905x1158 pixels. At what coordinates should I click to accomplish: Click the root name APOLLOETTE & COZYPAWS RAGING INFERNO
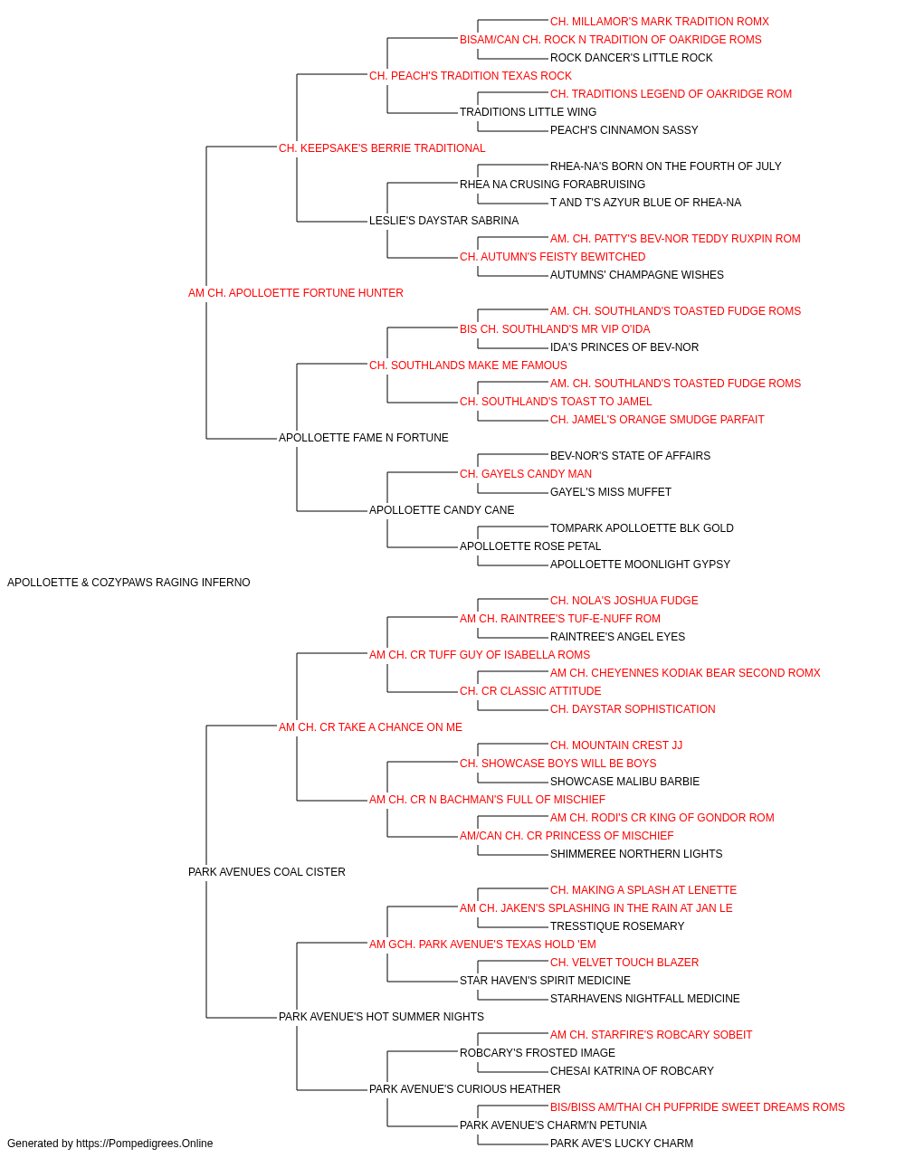point(129,582)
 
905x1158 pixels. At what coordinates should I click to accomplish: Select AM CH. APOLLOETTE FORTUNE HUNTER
point(296,292)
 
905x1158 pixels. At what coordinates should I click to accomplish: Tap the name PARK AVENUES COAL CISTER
point(266,872)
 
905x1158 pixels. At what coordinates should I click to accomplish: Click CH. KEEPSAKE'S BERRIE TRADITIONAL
point(382,148)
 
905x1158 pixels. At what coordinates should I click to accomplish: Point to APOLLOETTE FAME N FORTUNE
point(364,438)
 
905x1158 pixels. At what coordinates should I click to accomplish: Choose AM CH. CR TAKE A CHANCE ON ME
point(370,726)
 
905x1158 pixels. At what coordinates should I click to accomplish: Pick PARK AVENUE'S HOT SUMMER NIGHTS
point(381,1016)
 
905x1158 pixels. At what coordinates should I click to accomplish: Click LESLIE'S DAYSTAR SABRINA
point(444,220)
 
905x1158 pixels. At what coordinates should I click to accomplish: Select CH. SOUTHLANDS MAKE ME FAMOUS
point(468,365)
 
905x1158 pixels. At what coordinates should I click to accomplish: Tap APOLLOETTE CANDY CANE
point(442,510)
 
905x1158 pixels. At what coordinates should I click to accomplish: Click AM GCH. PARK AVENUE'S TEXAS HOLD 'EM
point(483,944)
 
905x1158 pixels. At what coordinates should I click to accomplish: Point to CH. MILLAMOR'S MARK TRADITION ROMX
point(660,22)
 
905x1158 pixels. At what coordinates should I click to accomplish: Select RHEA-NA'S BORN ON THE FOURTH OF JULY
point(666,166)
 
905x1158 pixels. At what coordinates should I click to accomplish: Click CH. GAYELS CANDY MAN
point(526,474)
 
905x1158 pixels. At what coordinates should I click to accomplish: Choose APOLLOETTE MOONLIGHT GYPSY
point(640,564)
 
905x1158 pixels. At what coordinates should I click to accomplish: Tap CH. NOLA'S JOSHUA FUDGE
point(624,600)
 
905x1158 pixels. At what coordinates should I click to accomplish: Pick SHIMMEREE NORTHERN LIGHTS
point(636,854)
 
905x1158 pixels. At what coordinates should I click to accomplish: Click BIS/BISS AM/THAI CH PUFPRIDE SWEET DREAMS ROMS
point(698,1106)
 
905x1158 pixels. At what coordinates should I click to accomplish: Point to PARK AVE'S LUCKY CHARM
point(622,1144)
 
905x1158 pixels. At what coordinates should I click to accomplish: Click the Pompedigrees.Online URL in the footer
point(145,1144)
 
